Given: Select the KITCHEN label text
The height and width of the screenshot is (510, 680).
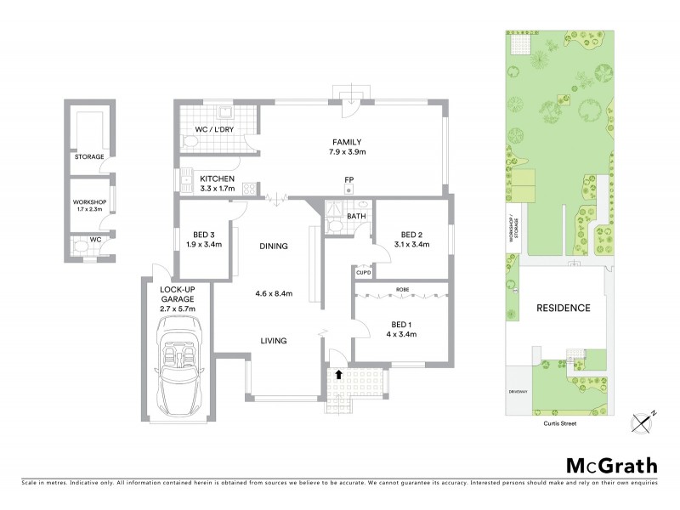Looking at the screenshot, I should tap(216, 179).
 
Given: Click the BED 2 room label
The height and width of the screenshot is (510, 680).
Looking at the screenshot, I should tap(411, 235).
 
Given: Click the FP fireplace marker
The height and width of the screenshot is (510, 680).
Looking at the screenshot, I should tap(348, 179).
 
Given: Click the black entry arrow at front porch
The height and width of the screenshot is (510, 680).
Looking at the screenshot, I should tap(339, 373).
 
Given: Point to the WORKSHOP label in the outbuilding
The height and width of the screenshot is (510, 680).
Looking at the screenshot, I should tap(88, 201).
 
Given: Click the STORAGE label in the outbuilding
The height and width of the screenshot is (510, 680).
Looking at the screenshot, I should tap(88, 157).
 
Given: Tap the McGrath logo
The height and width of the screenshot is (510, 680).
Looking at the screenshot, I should tap(612, 465).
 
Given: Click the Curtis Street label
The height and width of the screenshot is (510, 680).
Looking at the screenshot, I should tap(558, 420).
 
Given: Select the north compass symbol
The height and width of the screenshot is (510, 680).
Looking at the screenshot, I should tap(643, 422).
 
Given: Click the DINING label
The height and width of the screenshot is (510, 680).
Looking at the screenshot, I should tap(274, 246).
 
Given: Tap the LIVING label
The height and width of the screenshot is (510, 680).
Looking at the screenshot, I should tap(274, 341).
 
